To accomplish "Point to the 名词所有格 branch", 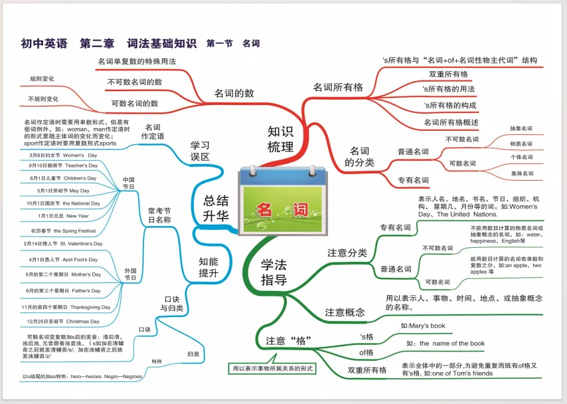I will [x=338, y=87].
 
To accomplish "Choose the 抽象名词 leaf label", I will [x=521, y=128].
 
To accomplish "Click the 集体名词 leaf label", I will [x=521, y=173].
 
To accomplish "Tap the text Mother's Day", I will [x=82, y=274].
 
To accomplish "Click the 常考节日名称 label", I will [x=159, y=215].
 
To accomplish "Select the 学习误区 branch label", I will [x=200, y=150].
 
